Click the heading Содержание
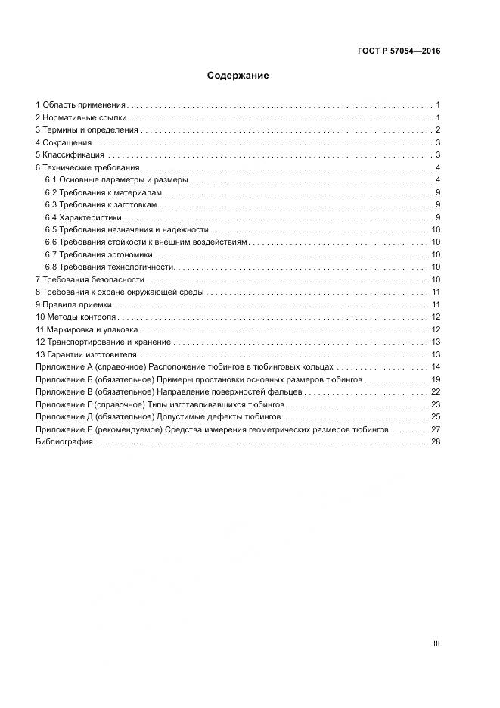pos(238,76)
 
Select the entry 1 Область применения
pos(81,105)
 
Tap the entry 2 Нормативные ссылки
pos(82,118)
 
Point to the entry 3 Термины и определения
pos(87,130)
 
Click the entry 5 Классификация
pos(70,155)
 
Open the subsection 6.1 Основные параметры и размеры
pos(116,180)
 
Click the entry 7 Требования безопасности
pos(89,279)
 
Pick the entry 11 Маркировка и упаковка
pos(87,329)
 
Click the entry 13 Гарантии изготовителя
pos(86,354)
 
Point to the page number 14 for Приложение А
pos(435,367)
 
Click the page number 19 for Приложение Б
pos(435,379)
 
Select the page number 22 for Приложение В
pos(435,392)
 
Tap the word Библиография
pos(64,442)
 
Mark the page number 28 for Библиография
pos(435,442)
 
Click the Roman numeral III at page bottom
pos(436,644)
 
